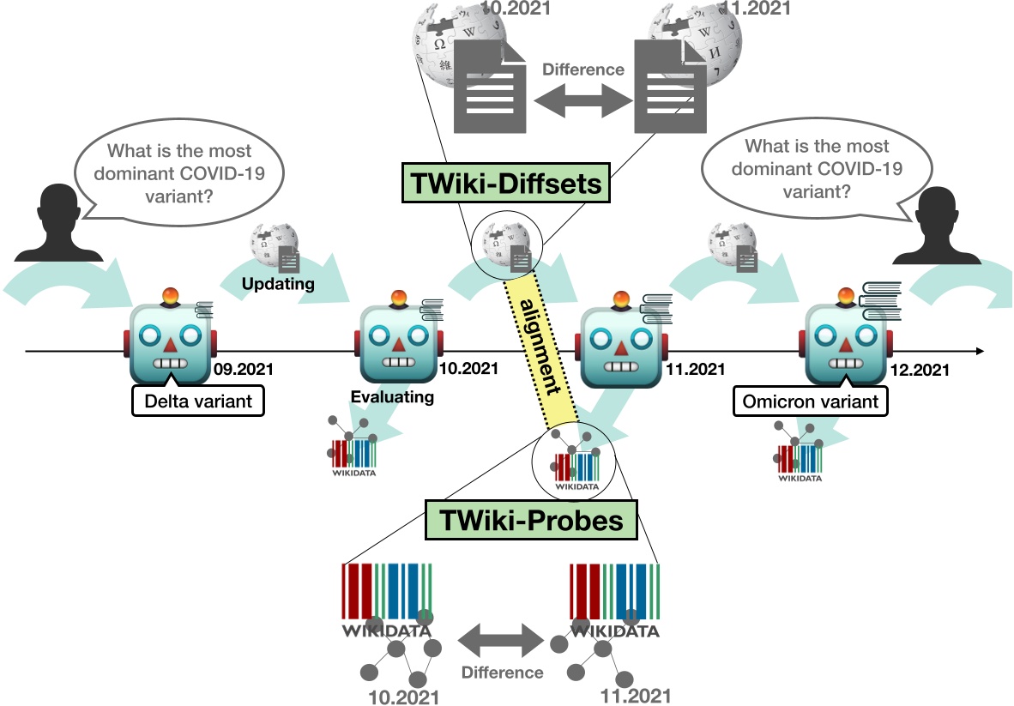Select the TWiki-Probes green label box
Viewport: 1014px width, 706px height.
point(531,520)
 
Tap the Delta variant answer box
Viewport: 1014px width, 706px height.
point(197,400)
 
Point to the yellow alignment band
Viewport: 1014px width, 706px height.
point(541,347)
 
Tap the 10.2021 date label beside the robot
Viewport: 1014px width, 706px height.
point(468,370)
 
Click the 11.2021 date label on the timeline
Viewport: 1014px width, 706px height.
point(694,370)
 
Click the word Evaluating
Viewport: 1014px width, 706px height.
point(392,397)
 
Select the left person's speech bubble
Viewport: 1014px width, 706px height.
point(179,172)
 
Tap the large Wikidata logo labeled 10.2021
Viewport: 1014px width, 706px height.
point(388,600)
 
